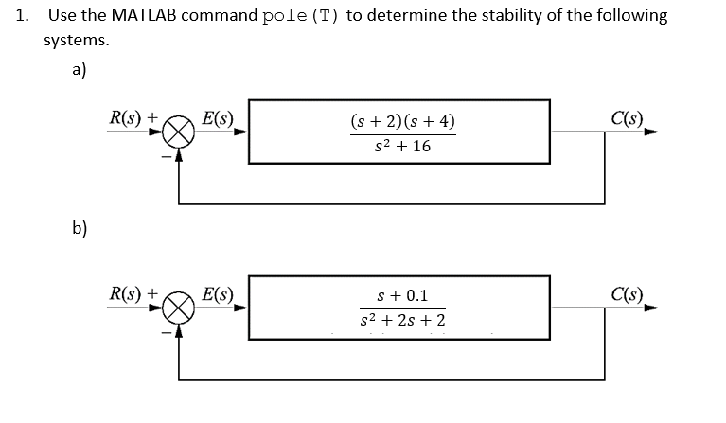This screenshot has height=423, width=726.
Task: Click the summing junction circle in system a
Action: pos(183,133)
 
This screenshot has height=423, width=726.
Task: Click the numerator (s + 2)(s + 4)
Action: pos(402,121)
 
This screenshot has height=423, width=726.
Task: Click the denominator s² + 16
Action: pos(402,148)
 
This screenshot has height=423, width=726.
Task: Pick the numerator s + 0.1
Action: pos(402,296)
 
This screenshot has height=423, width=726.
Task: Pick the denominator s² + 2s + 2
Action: pos(402,322)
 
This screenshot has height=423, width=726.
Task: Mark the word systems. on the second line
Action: pos(76,41)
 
